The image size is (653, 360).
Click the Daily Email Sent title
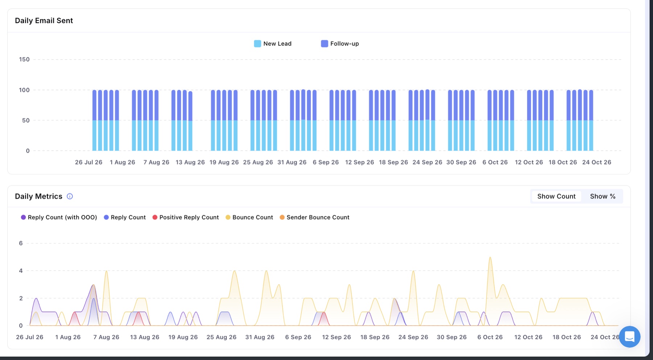(44, 21)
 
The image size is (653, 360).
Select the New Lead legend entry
(273, 44)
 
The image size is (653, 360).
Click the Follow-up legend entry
(340, 44)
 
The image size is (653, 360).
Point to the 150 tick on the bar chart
(24, 59)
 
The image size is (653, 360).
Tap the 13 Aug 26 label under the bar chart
(190, 162)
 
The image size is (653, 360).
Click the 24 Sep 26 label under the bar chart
(427, 162)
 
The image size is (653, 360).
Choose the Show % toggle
(603, 196)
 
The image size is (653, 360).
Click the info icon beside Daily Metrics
(70, 196)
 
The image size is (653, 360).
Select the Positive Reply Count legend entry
(185, 217)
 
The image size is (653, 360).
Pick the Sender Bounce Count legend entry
(315, 217)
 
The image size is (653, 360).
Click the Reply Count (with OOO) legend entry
(59, 217)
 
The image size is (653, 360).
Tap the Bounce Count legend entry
(249, 217)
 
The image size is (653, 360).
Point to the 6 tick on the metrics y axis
(21, 243)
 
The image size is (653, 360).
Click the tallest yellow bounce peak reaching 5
(490, 257)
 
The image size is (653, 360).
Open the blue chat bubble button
(630, 337)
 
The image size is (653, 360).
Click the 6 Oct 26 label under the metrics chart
(490, 337)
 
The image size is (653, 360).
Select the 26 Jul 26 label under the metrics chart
(30, 337)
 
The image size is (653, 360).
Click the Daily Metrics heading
(38, 196)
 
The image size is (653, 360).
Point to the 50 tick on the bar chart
(26, 120)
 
